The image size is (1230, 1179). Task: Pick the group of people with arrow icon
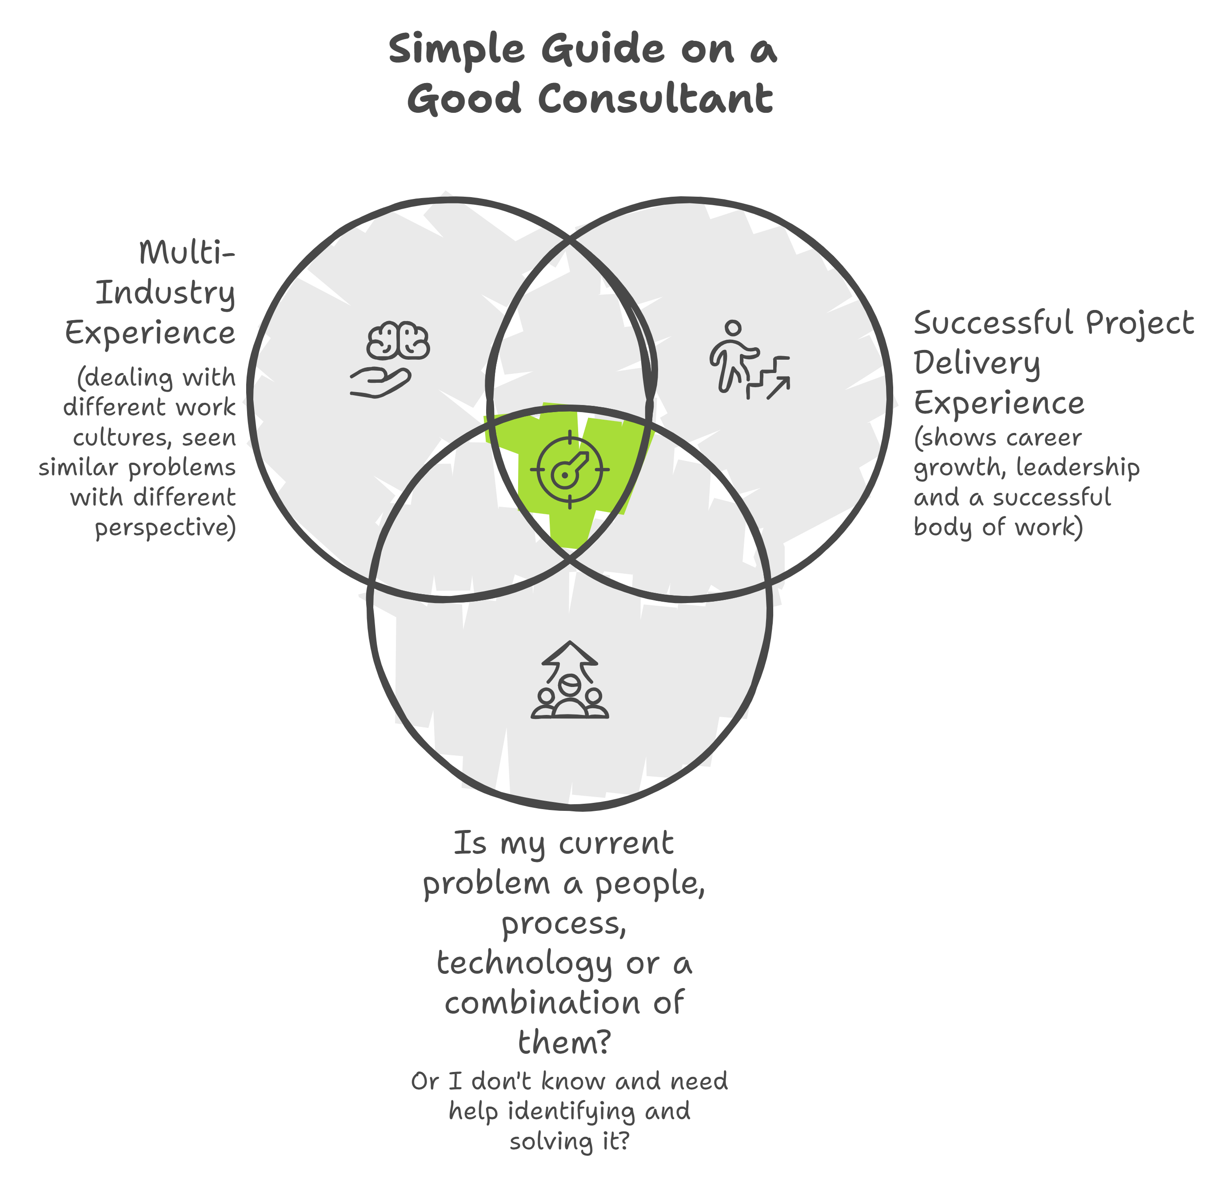(570, 680)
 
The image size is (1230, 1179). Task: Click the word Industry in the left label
(165, 293)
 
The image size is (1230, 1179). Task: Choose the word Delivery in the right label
(976, 364)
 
